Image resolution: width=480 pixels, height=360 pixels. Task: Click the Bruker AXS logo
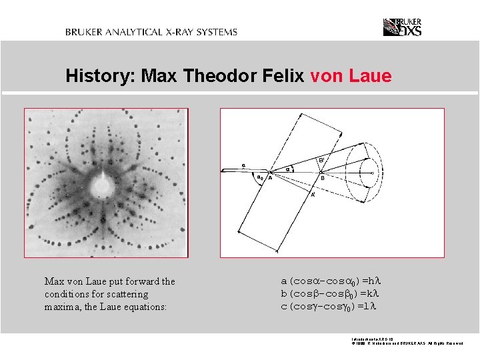coord(402,27)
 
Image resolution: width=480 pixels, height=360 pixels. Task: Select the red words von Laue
coord(351,77)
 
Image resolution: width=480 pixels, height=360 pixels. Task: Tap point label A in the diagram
coord(269,178)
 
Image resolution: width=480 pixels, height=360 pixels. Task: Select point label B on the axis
coord(322,178)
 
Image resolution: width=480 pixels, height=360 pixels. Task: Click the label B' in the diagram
coord(321,160)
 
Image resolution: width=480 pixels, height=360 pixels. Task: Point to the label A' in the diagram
coord(313,195)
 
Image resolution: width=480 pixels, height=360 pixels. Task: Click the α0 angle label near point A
coord(260,178)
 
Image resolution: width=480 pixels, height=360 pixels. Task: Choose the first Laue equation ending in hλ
coord(330,281)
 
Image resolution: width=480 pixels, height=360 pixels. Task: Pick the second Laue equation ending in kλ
coord(330,294)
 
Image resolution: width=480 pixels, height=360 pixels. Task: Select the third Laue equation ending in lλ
coord(329,307)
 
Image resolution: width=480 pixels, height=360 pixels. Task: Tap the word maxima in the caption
coord(61,307)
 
